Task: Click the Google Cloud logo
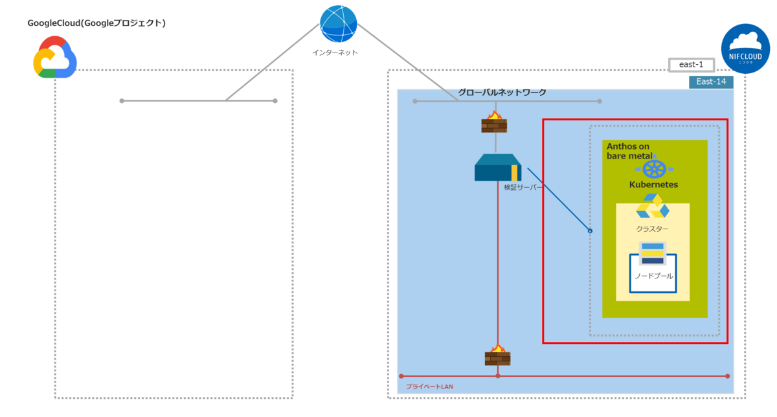tap(55, 58)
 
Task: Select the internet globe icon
tap(338, 25)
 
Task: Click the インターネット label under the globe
tap(335, 52)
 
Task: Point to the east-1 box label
tap(691, 65)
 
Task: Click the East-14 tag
tap(711, 82)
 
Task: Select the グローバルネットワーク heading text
tap(502, 93)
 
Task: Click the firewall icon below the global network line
tap(494, 122)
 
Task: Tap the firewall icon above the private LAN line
tap(497, 355)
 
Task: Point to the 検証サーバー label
tap(523, 188)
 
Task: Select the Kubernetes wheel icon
tap(654, 168)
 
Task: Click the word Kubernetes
tap(654, 185)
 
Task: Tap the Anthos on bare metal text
tap(629, 151)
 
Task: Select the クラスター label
tap(652, 229)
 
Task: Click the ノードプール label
tap(653, 276)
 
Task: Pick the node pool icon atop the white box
tap(652, 253)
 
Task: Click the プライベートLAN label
tap(429, 387)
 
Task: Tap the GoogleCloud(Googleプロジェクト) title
tap(96, 23)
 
